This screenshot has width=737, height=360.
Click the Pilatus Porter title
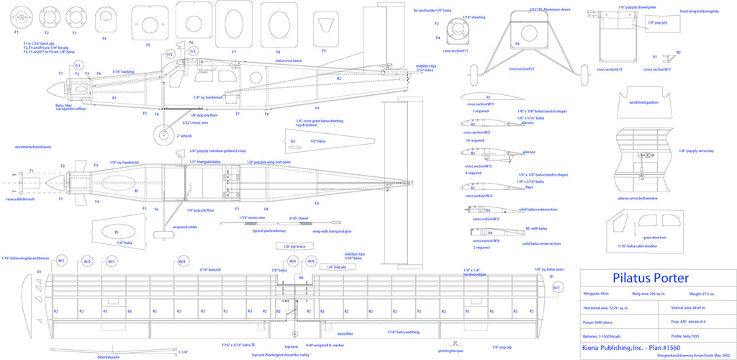(x=651, y=278)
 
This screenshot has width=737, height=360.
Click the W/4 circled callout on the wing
(x=183, y=261)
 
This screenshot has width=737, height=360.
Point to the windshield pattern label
(x=643, y=102)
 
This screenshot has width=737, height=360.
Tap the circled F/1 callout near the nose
(x=78, y=66)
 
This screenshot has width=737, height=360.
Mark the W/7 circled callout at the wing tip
(x=556, y=288)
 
